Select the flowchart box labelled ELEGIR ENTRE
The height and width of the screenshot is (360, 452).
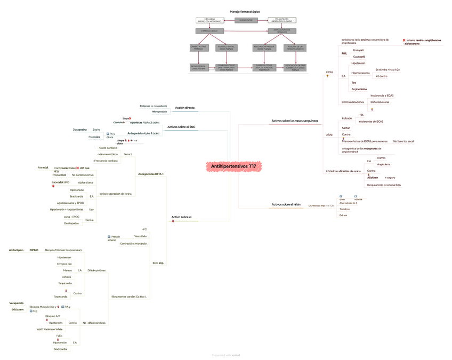click(246, 20)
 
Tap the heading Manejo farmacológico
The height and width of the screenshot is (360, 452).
click(245, 11)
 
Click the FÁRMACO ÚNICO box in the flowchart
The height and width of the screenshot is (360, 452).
click(209, 31)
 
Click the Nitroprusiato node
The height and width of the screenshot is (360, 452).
click(159, 111)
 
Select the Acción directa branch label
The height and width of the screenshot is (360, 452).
click(184, 108)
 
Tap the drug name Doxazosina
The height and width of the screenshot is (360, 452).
click(80, 130)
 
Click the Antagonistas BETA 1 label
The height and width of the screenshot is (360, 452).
click(151, 174)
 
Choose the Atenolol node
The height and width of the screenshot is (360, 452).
click(43, 167)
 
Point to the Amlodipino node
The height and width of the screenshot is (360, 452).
click(17, 250)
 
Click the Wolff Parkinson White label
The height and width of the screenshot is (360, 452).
click(50, 329)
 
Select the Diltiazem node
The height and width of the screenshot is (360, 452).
click(18, 309)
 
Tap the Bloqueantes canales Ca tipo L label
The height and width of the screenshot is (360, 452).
click(129, 297)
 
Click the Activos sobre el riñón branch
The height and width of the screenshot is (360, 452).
click(287, 204)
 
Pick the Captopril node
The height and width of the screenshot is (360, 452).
click(359, 57)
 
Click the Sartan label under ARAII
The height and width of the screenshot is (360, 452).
click(346, 128)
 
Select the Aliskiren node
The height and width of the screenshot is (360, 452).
click(373, 178)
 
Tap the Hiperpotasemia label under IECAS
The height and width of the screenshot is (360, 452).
click(360, 73)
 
